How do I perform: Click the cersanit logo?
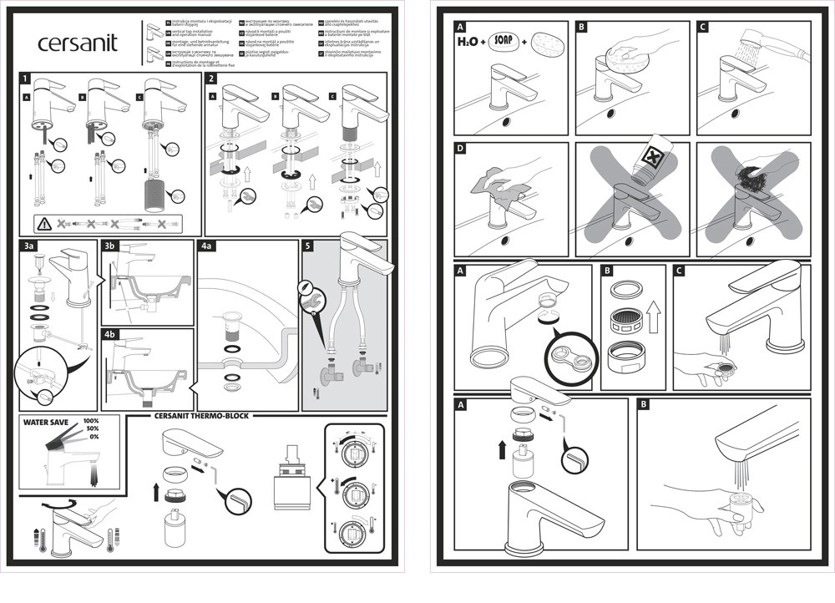(x=78, y=43)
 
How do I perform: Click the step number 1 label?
(x=27, y=79)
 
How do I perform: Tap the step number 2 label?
(x=212, y=79)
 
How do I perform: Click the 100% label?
(x=91, y=421)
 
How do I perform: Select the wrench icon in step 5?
(x=310, y=294)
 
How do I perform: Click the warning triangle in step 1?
(x=44, y=224)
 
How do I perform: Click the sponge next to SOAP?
(x=546, y=41)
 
